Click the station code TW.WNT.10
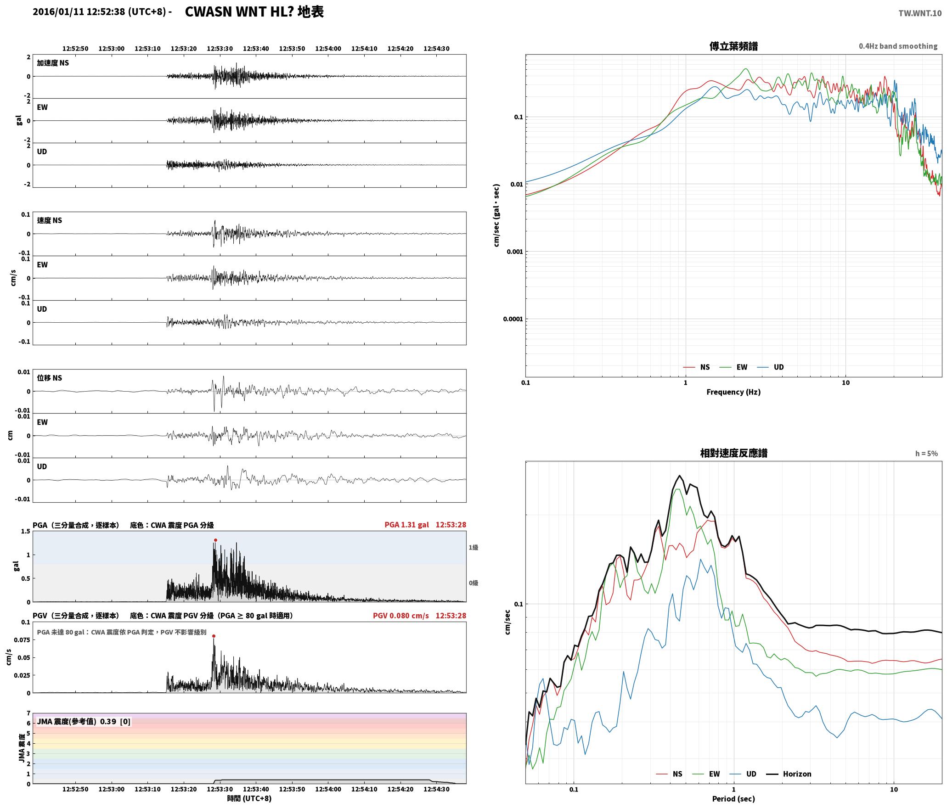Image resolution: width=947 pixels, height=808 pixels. (920, 13)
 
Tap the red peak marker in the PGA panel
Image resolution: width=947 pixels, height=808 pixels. (215, 540)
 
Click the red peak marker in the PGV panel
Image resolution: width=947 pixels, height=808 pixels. (214, 636)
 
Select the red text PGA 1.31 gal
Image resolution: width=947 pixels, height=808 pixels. (407, 525)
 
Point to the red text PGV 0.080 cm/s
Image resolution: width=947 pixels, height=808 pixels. (401, 616)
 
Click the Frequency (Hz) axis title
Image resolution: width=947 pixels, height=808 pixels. (733, 392)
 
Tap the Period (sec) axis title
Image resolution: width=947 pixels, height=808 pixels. (733, 798)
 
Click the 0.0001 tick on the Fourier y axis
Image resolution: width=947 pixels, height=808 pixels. (513, 319)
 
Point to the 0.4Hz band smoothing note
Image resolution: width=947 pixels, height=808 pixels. (898, 46)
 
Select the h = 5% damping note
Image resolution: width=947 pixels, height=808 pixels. (926, 453)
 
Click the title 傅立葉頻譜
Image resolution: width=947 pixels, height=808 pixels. (733, 46)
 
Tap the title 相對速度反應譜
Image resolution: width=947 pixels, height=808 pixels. (733, 453)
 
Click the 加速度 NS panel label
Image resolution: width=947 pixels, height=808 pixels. (53, 63)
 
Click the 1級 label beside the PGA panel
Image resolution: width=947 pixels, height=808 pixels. (473, 547)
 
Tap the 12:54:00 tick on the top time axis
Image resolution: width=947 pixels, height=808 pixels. (328, 48)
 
